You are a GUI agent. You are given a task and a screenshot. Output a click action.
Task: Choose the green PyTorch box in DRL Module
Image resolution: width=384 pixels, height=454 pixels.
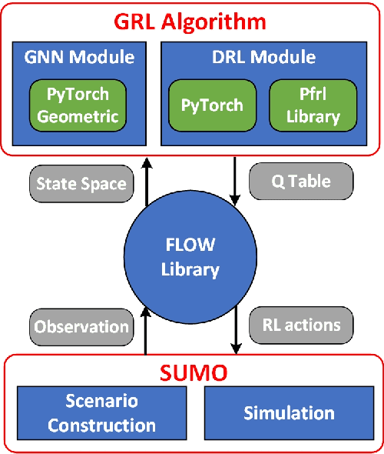pyautogui.click(x=213, y=105)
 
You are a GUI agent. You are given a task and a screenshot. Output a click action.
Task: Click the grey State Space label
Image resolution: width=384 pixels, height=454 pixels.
pyautogui.click(x=81, y=184)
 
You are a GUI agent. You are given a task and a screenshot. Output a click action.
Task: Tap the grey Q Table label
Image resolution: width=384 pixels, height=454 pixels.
pyautogui.click(x=301, y=182)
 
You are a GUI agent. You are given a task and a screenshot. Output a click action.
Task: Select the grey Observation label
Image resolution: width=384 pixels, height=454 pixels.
pyautogui.click(x=81, y=326)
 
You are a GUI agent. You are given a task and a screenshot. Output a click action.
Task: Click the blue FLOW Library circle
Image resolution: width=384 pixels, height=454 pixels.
pyautogui.click(x=190, y=257)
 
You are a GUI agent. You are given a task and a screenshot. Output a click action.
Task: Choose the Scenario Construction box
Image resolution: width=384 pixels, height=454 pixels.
pyautogui.click(x=102, y=413)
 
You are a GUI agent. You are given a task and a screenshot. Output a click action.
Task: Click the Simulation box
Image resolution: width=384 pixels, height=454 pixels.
pyautogui.click(x=289, y=413)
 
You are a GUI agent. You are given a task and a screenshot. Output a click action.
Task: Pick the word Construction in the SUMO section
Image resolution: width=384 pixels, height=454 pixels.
pyautogui.click(x=102, y=425)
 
